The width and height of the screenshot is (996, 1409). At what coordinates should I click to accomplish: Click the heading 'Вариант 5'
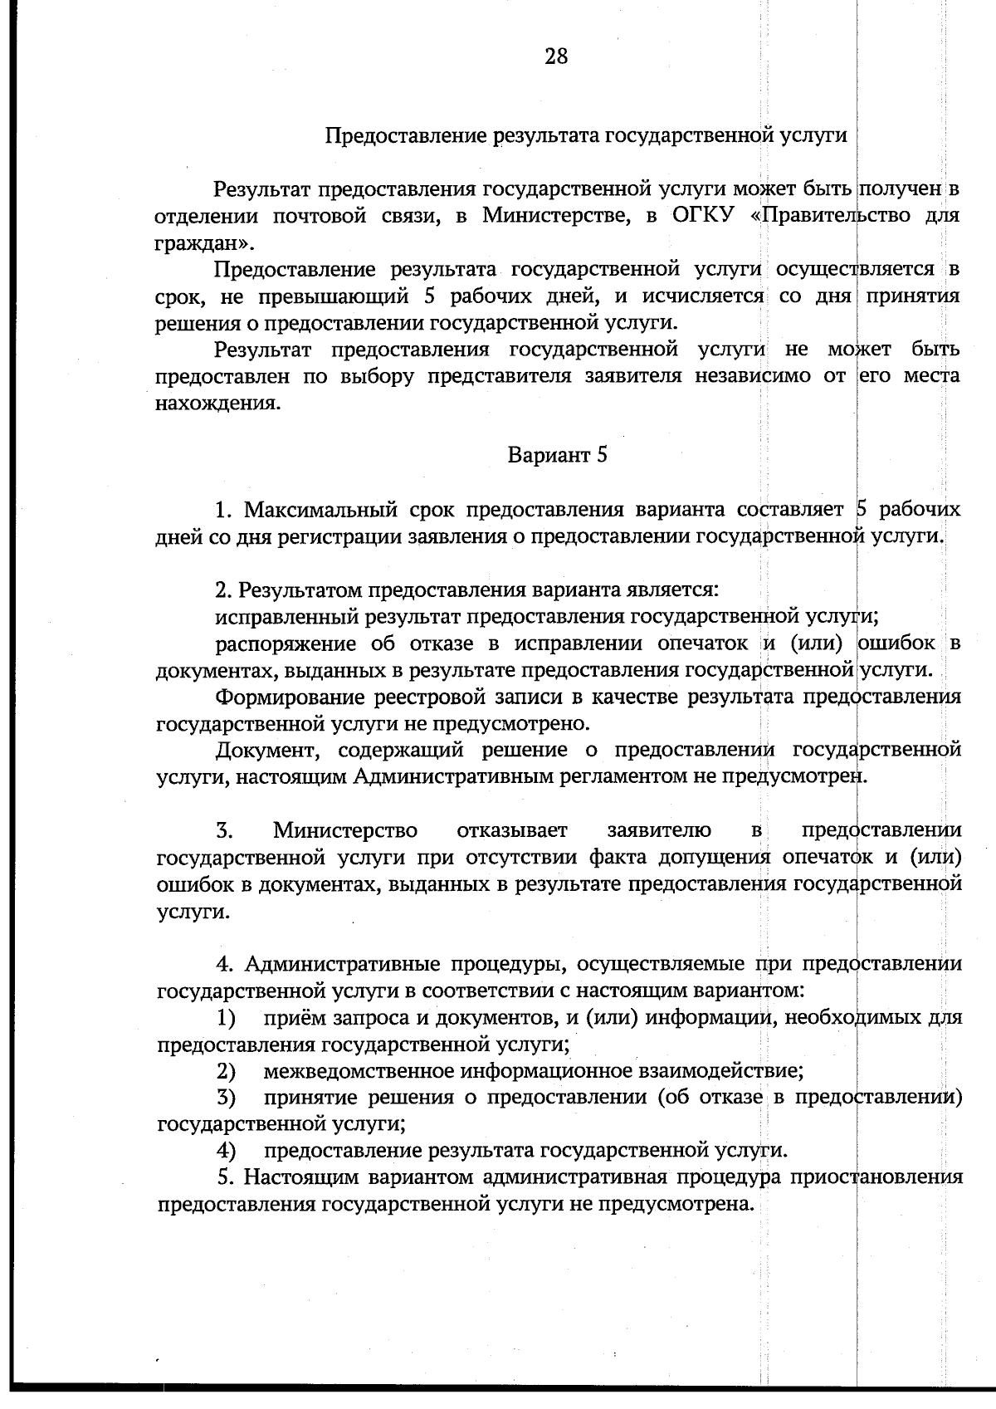click(557, 455)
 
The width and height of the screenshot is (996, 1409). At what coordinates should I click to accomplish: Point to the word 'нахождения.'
click(217, 404)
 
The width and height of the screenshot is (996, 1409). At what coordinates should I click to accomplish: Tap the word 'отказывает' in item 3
click(512, 830)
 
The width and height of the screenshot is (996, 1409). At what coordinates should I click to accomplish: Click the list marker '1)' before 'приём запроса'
click(225, 1018)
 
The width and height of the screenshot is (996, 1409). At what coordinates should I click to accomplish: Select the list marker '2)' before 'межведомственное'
click(225, 1071)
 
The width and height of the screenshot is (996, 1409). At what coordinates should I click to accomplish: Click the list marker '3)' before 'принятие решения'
click(225, 1098)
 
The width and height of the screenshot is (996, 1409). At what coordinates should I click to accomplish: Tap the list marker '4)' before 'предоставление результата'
click(225, 1151)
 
